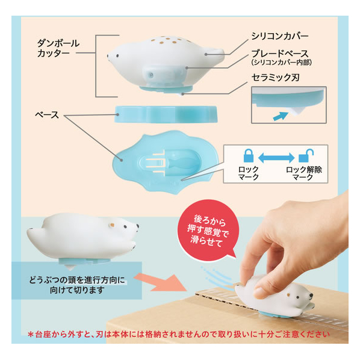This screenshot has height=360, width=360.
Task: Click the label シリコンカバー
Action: [280, 36]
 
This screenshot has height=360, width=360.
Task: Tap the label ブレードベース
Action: [280, 54]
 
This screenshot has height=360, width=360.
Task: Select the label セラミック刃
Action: [276, 78]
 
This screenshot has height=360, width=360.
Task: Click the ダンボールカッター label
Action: [58, 48]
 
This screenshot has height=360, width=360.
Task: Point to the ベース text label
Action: [47, 114]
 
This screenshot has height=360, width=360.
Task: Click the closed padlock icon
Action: [249, 155]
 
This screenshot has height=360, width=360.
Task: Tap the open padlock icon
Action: [306, 155]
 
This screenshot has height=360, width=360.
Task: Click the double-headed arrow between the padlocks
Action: [276, 158]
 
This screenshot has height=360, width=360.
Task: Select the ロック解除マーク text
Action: [304, 173]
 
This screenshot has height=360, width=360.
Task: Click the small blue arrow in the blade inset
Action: [281, 116]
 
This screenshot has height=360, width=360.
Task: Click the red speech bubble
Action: [207, 231]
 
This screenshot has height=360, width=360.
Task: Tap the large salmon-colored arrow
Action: [160, 282]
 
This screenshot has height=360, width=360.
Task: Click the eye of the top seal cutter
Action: [118, 55]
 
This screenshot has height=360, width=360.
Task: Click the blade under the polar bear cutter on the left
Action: [70, 267]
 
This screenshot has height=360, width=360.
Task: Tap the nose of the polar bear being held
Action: [311, 295]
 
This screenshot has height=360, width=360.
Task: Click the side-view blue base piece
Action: [166, 114]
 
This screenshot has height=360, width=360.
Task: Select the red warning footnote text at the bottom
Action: [179, 334]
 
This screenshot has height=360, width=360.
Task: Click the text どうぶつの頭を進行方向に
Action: [77, 280]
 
